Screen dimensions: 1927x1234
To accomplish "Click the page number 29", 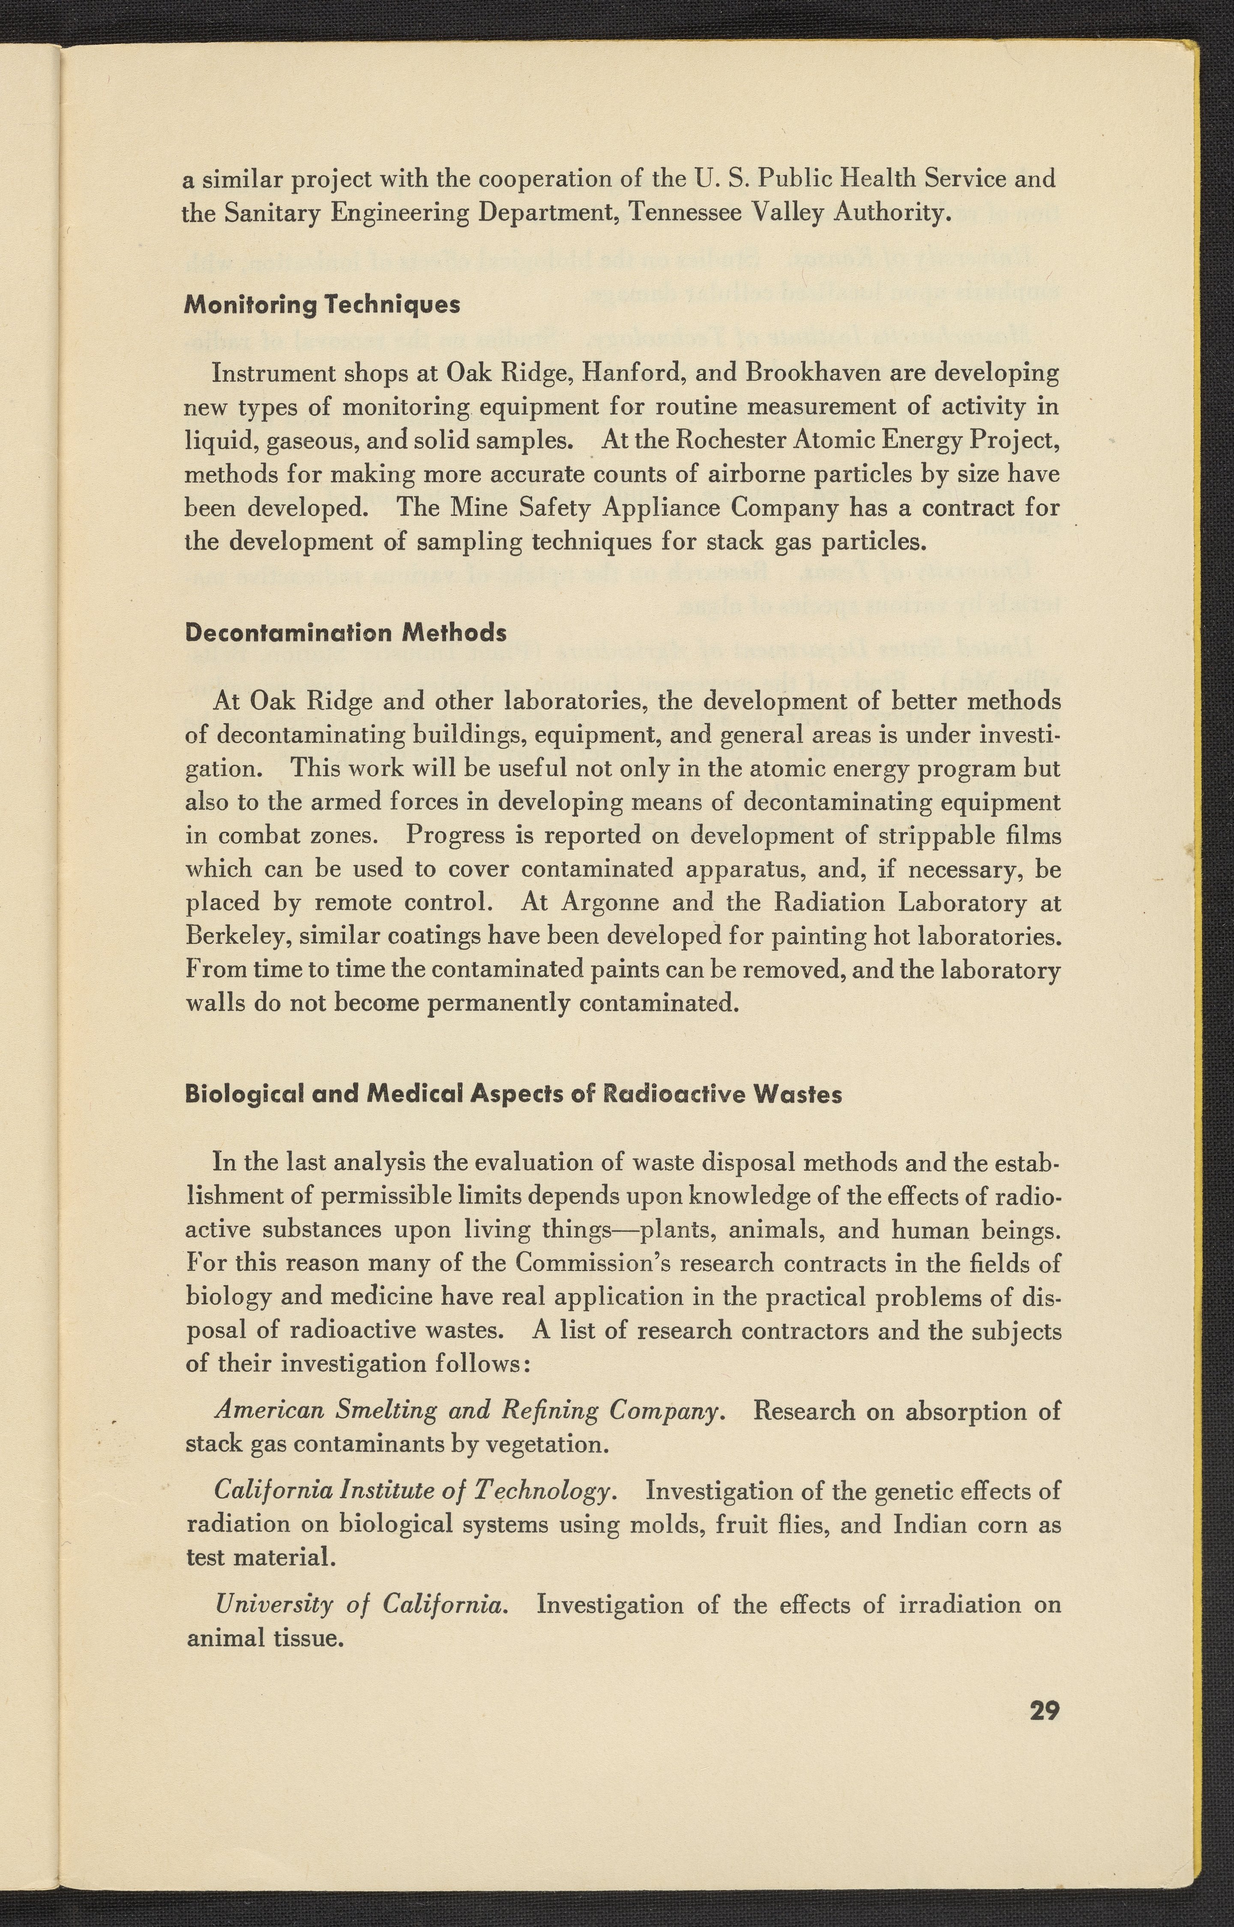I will pos(1044,1711).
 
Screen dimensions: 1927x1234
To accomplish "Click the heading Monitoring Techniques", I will pos(322,305).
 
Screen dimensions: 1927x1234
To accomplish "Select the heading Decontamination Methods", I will pos(345,633).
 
